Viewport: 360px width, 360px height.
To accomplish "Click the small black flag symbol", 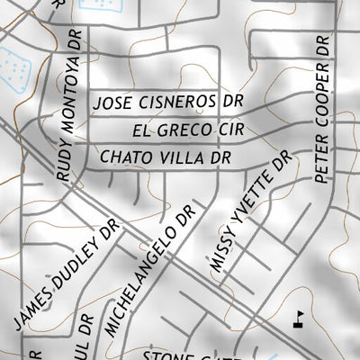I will [x=298, y=318].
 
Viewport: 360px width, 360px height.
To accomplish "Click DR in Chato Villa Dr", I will [x=220, y=157].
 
